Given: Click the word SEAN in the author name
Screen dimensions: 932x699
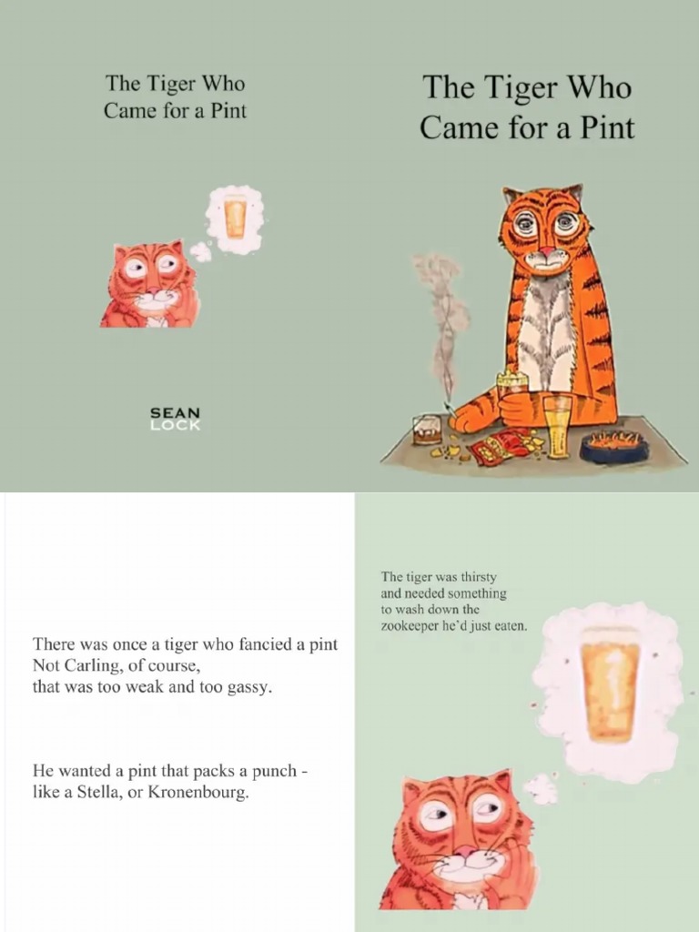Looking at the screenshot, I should (175, 412).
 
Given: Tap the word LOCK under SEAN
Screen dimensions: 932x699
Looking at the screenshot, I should (175, 425).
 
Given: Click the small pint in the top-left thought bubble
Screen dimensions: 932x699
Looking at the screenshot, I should (236, 218).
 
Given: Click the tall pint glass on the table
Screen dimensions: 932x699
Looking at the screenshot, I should (557, 425).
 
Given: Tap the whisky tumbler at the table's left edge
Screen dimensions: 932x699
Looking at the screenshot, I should (426, 429).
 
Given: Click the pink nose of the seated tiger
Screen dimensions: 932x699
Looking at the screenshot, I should (545, 249).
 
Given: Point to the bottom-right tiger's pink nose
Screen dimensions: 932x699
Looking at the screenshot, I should (466, 852).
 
